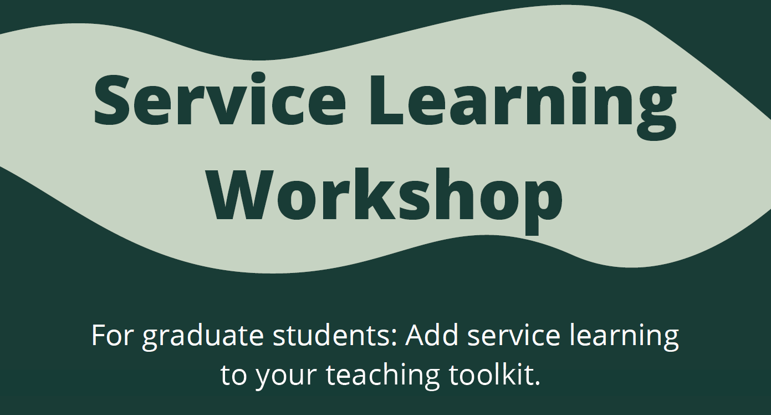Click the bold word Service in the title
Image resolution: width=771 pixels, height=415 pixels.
click(219, 99)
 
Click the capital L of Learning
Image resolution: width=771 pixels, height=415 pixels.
click(386, 100)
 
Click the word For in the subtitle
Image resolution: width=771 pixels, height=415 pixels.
click(112, 335)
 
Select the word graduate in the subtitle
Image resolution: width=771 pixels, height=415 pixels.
click(203, 337)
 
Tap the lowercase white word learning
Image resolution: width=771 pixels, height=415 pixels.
click(624, 337)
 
